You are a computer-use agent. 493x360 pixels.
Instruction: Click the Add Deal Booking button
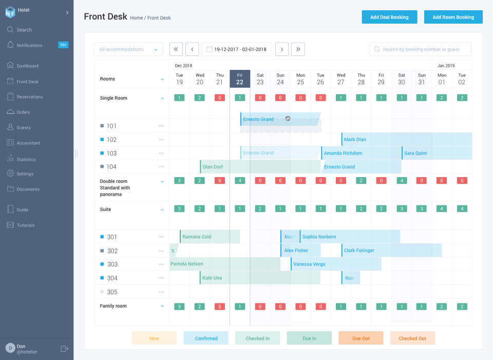389,17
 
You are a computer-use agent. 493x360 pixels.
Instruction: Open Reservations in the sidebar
29,97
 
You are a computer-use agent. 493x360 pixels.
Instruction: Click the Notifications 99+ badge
63,45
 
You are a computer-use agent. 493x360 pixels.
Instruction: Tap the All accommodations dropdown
128,49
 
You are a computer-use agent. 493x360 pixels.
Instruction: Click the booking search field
420,49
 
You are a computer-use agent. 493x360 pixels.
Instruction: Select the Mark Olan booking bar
406,140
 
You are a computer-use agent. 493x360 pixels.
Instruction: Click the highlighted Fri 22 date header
240,79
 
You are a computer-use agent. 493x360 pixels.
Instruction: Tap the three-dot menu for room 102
161,140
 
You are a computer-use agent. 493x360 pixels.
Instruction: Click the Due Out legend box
361,338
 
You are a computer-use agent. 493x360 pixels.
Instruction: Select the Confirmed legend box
206,338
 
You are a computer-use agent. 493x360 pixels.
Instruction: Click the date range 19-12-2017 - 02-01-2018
237,49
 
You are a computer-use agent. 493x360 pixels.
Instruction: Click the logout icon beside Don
65,349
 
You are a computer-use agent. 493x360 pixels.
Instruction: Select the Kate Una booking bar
259,278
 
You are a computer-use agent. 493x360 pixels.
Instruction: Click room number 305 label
112,292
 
